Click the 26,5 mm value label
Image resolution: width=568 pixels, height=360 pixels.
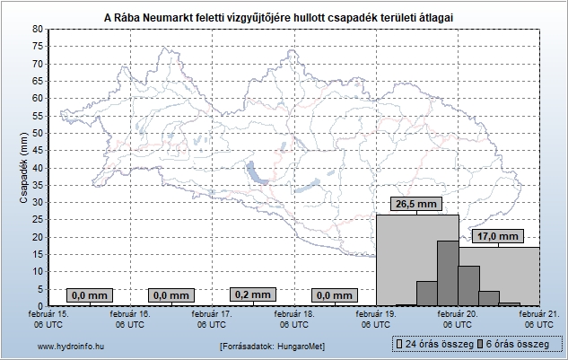(x=415, y=205)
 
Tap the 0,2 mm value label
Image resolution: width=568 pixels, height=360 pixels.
(x=252, y=294)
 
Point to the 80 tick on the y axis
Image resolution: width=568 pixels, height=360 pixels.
(x=37, y=30)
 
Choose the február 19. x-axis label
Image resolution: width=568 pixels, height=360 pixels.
(x=377, y=320)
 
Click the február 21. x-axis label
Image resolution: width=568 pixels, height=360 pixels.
(x=538, y=320)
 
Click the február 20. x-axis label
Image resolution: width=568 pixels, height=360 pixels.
(x=458, y=320)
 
